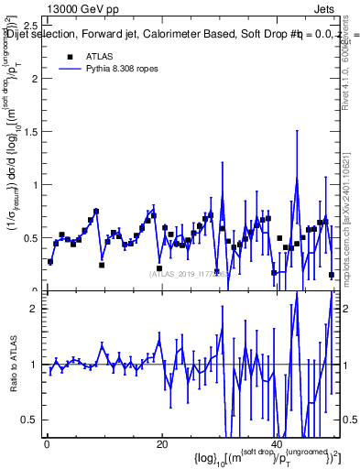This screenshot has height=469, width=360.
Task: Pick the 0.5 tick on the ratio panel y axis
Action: (29, 420)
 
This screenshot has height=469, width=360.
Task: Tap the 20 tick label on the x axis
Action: (161, 444)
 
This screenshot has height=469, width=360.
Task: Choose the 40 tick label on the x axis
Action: (277, 444)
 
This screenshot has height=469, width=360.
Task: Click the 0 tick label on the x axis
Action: (46, 444)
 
